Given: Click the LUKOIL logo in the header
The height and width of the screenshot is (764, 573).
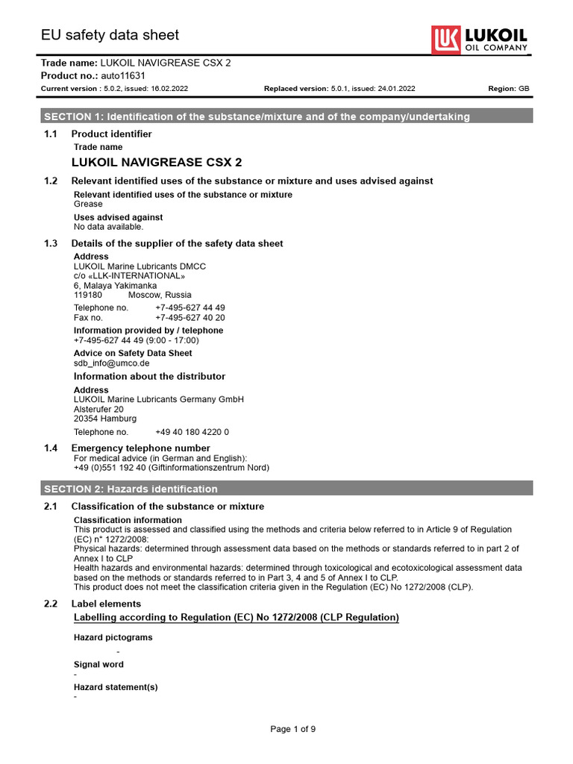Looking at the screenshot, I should pos(480,39).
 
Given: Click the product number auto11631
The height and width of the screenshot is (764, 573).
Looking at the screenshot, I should pos(124,76).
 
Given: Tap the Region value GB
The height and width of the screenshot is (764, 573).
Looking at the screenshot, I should pos(524,89).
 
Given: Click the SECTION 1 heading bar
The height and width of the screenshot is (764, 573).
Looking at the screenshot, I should pos(286,116).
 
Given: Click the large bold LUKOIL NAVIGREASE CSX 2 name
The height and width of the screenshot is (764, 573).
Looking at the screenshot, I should pos(157,162).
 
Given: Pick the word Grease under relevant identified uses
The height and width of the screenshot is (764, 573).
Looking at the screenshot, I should pos(88,204).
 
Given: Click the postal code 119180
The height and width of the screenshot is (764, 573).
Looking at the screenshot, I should pos(88,295).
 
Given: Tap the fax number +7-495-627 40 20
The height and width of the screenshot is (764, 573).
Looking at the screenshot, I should pos(190,318).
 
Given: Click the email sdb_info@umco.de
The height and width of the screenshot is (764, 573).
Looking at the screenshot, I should pos(112,363).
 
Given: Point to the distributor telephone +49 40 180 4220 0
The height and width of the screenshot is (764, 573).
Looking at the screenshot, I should pos(192,432).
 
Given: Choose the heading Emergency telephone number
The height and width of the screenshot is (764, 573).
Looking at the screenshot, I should pos(140,448).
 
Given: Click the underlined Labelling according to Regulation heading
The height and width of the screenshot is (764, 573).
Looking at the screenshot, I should pos(237,618).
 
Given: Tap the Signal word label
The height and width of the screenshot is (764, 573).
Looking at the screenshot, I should pos(98,664).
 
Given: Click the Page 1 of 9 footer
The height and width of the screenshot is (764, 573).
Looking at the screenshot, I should pos(292,729).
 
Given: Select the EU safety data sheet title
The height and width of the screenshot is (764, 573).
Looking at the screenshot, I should pos(110,35).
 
